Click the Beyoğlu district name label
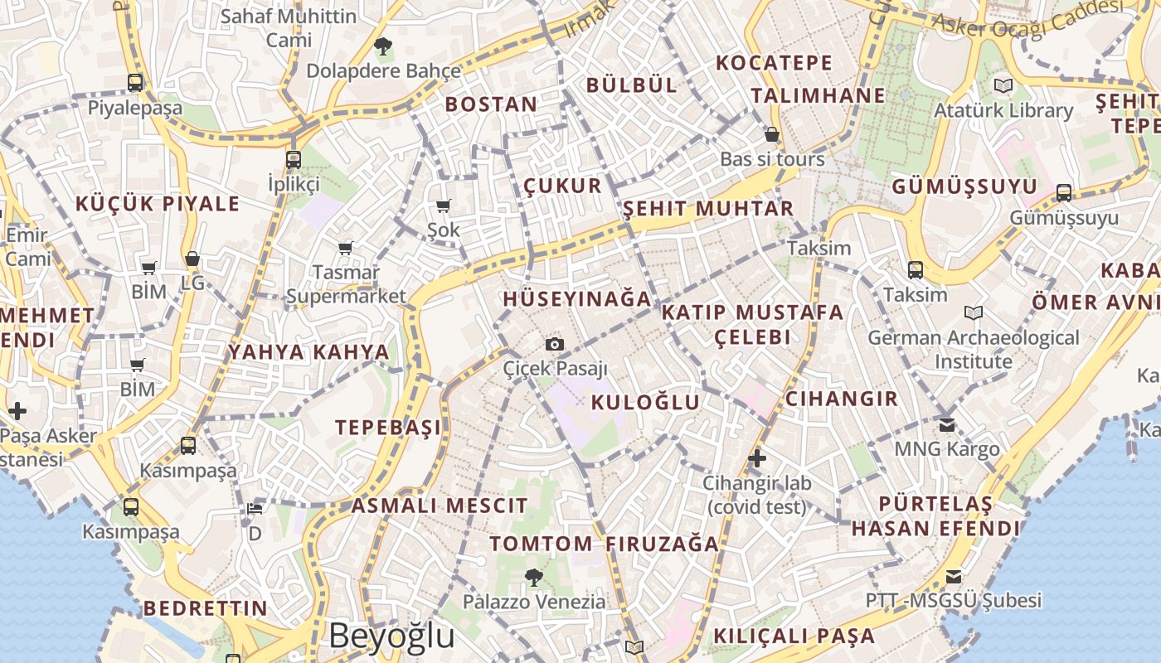(391, 636)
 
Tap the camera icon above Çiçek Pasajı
(555, 344)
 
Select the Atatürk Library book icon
(1003, 85)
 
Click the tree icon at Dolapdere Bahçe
(382, 46)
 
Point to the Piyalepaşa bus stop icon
(135, 82)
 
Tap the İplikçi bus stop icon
(293, 159)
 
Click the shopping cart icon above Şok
(443, 206)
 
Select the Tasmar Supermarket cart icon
(346, 248)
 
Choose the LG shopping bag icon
(192, 259)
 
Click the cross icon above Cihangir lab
(756, 457)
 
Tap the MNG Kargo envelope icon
(947, 425)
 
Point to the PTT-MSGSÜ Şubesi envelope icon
(954, 576)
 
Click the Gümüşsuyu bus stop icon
(1064, 193)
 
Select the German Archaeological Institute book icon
(974, 312)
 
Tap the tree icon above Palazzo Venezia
(534, 576)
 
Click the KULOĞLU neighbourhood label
(645, 403)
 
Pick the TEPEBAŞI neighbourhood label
(388, 428)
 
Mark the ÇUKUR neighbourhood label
(562, 186)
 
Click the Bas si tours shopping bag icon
(772, 134)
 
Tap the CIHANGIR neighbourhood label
(841, 399)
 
